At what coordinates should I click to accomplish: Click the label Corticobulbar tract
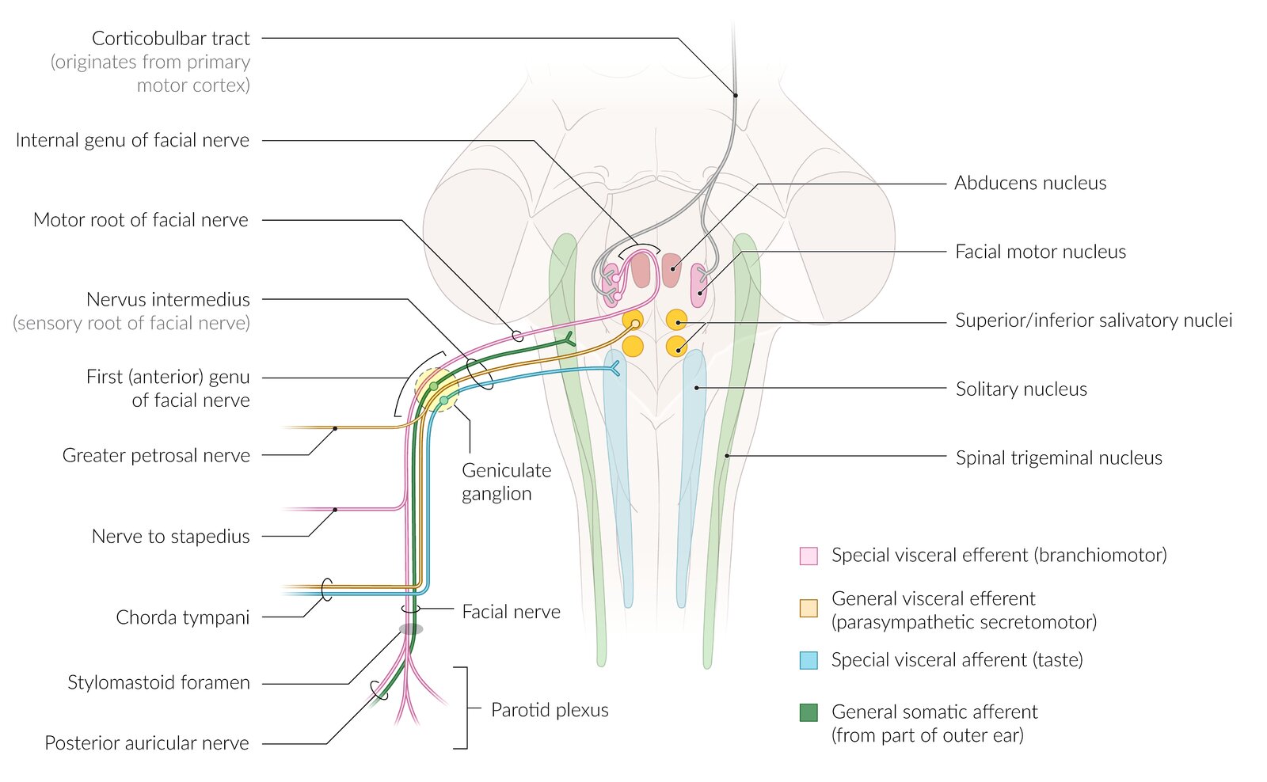point(170,39)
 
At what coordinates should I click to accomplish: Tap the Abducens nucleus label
point(1029,184)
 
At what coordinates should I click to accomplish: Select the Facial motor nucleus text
point(1040,252)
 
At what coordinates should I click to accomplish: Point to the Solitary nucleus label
point(1021,389)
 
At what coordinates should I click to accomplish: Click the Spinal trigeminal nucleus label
point(1058,458)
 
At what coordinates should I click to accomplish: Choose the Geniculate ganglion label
point(506,482)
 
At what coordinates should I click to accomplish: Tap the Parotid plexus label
point(550,710)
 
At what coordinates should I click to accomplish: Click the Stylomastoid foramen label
point(158,683)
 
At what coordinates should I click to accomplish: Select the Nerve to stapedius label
point(170,537)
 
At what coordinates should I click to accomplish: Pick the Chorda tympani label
point(182,617)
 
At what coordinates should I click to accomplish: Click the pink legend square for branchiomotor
point(809,556)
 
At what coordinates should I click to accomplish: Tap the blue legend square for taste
point(809,660)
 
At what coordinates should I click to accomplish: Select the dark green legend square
point(809,712)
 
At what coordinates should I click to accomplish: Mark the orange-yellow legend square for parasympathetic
point(809,608)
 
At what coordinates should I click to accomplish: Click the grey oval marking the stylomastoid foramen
point(410,629)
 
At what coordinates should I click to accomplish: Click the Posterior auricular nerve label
point(146,743)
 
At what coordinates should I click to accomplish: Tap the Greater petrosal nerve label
point(156,456)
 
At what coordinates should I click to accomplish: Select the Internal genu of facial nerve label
point(132,141)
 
